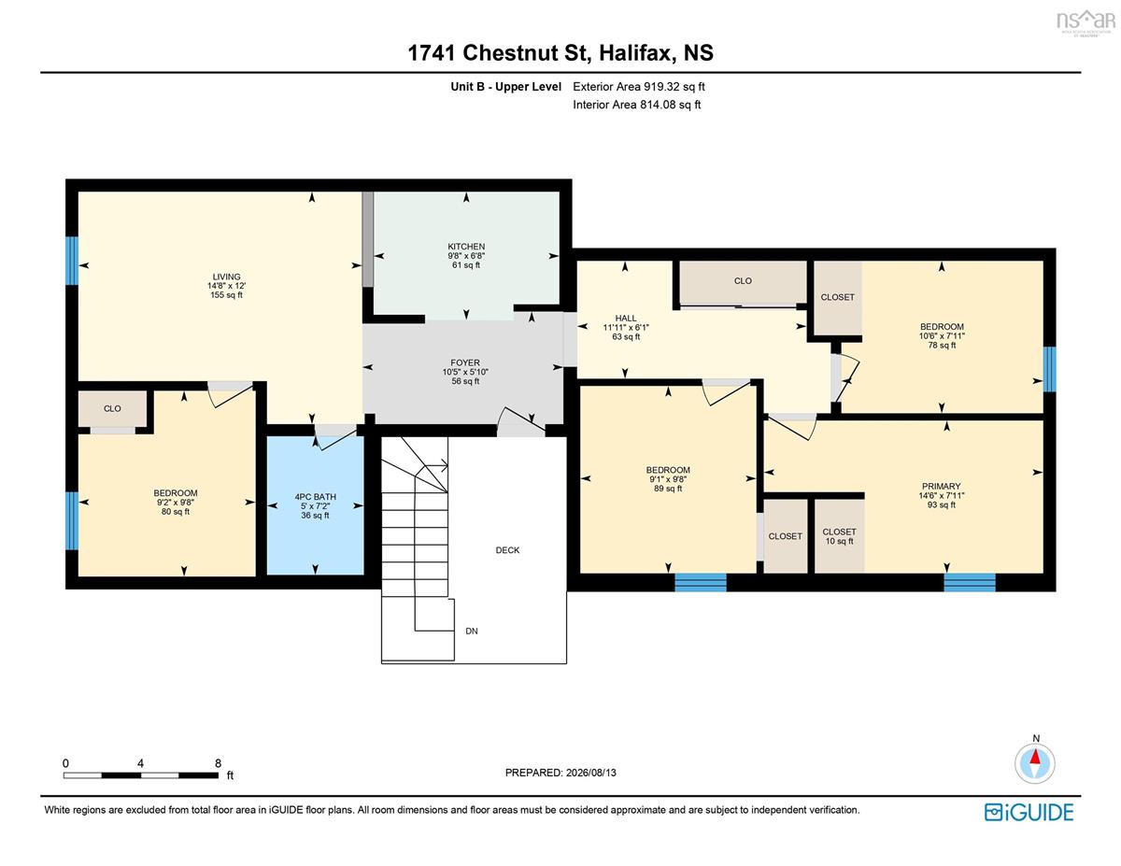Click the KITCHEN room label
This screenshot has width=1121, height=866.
point(466,247)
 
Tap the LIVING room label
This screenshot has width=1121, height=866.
point(226,277)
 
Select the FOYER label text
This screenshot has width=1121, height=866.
point(465,362)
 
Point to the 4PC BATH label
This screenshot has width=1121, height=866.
point(315,497)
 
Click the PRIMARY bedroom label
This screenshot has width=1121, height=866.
point(941,486)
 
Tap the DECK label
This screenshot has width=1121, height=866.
point(507,550)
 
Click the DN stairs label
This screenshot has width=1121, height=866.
point(472,631)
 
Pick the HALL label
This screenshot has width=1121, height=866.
point(626,319)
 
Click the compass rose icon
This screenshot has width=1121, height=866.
point(1034,763)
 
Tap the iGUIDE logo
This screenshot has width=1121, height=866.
point(1029,813)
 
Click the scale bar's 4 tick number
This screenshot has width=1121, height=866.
point(140,763)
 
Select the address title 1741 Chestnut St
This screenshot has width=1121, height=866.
point(498,52)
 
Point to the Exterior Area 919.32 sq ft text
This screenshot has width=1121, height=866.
point(639,87)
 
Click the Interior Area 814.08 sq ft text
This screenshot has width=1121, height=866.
point(636,105)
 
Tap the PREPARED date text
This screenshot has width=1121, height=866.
point(560,773)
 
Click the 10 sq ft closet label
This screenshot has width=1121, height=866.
point(839,541)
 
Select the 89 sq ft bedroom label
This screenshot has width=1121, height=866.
point(668,489)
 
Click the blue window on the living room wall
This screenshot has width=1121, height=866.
point(72,261)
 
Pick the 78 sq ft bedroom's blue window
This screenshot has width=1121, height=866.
point(1049,369)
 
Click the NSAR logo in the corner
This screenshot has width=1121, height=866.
point(1086,21)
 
